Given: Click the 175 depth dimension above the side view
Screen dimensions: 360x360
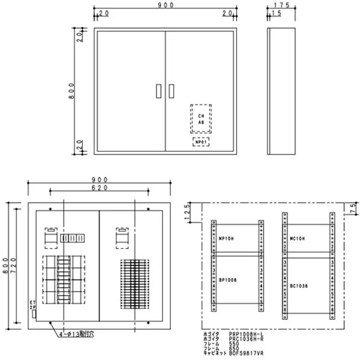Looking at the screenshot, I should click(282, 6).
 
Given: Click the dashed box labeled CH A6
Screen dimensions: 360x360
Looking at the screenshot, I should click(201, 119).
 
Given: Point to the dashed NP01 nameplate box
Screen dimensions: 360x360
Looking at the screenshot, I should click(201, 142).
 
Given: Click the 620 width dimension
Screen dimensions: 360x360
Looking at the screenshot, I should click(99, 189).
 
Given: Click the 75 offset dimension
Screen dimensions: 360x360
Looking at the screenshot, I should click(352, 207).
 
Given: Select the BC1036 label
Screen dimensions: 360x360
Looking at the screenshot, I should click(299, 285).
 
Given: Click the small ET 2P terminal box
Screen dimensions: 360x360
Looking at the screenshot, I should click(34, 314).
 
